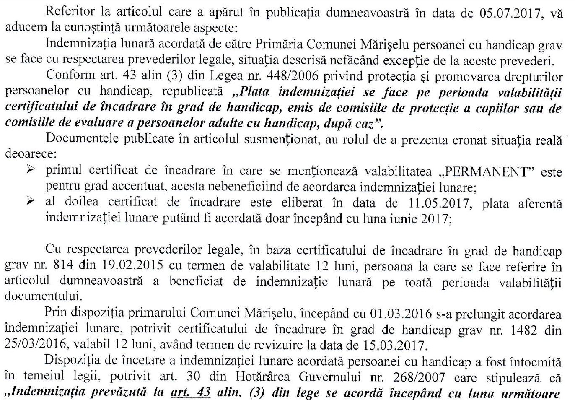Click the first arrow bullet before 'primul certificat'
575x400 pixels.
(x=31, y=170)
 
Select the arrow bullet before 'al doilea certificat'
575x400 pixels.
(x=31, y=201)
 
